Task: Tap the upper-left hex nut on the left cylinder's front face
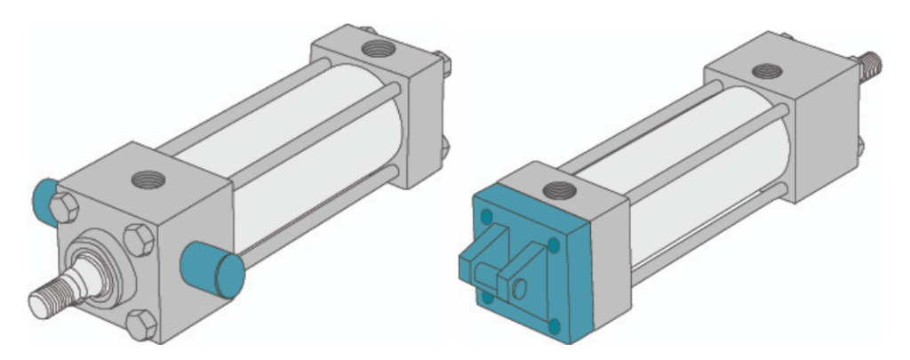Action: (65, 210)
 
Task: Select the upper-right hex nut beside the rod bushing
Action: (139, 241)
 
